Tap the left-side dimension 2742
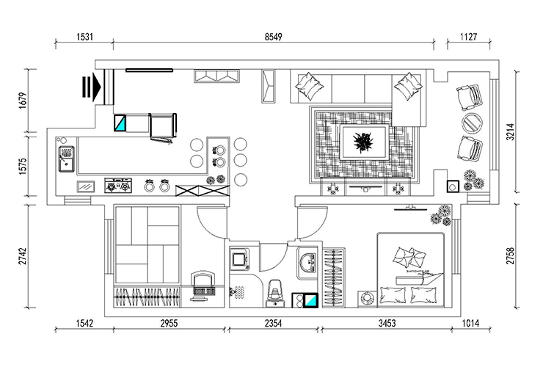[x=21, y=257]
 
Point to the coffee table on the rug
[x=362, y=140]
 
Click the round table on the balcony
[x=470, y=121]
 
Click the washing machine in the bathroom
[x=239, y=259]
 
